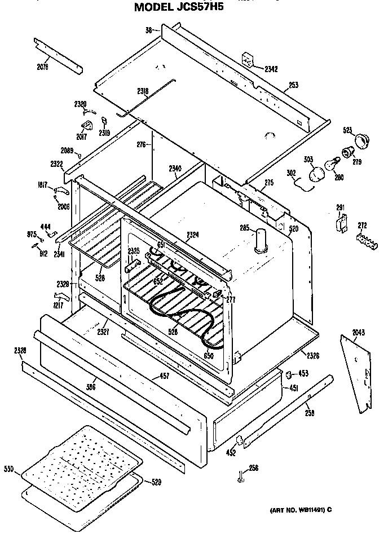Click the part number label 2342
click(x=271, y=69)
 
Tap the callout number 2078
click(x=43, y=67)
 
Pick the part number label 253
click(x=293, y=85)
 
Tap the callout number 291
click(x=340, y=208)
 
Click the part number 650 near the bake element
click(x=209, y=356)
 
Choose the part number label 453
click(x=303, y=373)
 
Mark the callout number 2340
click(x=175, y=168)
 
